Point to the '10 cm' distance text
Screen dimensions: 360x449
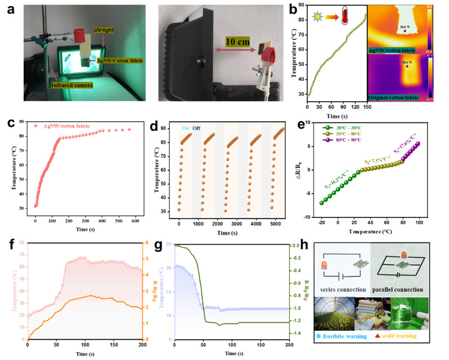(225, 49)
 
